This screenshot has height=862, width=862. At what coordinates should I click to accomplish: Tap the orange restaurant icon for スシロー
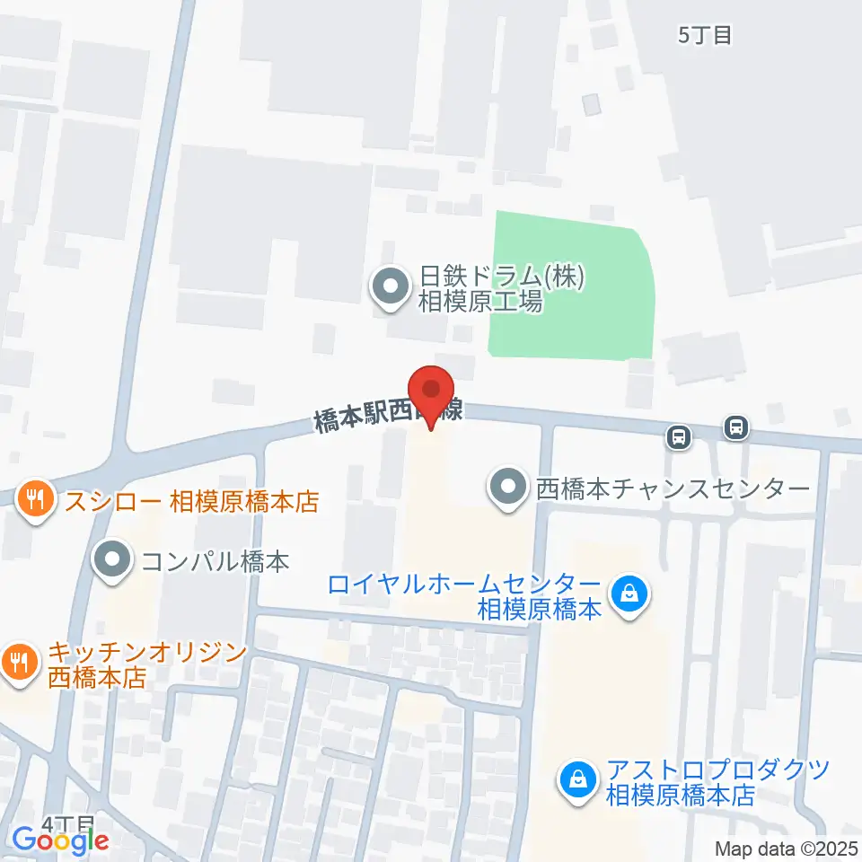tap(36, 499)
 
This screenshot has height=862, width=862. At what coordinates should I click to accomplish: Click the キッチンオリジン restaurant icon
tap(17, 662)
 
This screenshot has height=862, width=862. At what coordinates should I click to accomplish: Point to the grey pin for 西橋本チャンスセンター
tap(508, 488)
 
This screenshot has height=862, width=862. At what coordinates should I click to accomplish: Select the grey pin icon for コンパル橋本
tap(113, 561)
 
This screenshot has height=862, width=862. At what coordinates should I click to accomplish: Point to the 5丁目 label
tap(705, 35)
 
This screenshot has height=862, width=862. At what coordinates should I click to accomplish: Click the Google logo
tap(60, 840)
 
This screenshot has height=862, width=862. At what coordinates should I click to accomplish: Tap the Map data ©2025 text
tap(787, 849)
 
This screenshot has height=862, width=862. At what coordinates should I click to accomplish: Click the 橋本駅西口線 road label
tap(388, 415)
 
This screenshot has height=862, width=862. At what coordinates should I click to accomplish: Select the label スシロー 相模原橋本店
tap(191, 500)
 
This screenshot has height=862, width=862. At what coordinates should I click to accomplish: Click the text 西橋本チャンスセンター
tap(673, 489)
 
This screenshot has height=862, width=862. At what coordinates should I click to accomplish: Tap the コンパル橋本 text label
tap(215, 562)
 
